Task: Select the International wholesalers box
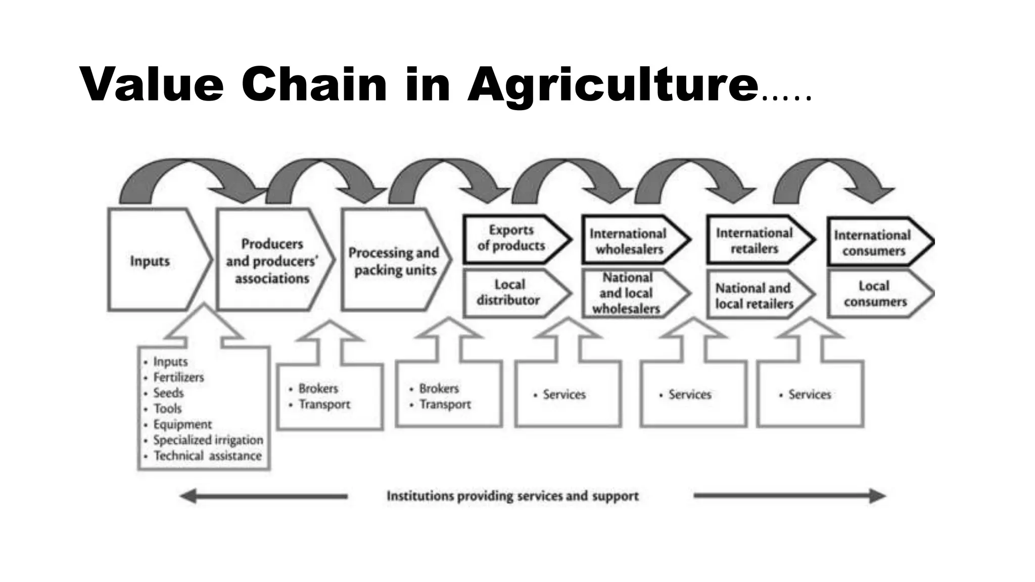(630, 241)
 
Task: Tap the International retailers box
(755, 240)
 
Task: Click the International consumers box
(873, 243)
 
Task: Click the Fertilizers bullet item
(178, 377)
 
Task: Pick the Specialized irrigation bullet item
(208, 440)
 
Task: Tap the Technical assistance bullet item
(207, 456)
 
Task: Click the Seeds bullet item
(168, 393)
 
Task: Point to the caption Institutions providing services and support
(512, 496)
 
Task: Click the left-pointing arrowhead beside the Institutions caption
(188, 496)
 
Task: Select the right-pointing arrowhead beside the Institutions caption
(877, 496)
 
